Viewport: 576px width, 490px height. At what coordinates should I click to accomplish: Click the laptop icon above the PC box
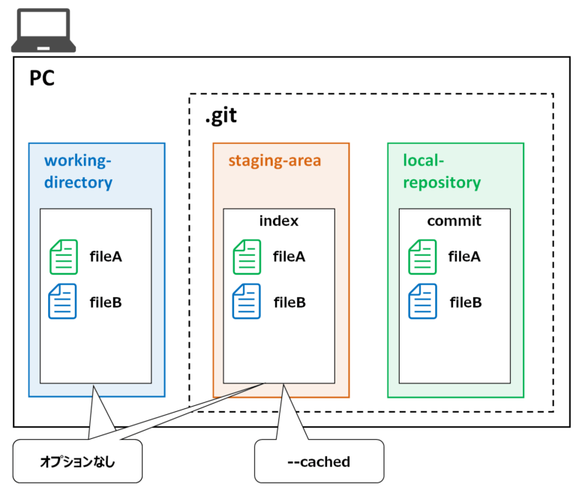click(x=44, y=30)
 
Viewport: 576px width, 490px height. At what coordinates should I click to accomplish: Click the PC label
click(x=42, y=79)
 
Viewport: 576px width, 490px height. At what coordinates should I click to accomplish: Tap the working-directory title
click(x=78, y=171)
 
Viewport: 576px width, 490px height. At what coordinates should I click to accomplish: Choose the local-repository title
click(x=442, y=171)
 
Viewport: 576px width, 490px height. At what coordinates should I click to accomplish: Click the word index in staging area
click(x=278, y=221)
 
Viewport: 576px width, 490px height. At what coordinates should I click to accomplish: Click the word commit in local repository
click(x=454, y=221)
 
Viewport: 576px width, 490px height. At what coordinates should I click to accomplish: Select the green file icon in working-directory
click(x=63, y=257)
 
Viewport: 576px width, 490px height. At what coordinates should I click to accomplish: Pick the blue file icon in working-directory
click(x=63, y=302)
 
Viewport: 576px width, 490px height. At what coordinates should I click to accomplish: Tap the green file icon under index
click(x=247, y=257)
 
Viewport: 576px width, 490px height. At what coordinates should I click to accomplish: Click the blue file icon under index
click(x=247, y=302)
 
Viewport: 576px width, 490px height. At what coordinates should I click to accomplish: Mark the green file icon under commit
click(x=422, y=257)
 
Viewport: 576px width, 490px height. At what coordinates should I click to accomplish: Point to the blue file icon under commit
click(x=422, y=302)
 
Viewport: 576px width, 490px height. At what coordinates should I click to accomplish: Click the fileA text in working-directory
click(x=106, y=257)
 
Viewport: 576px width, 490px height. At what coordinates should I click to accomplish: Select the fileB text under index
click(x=289, y=302)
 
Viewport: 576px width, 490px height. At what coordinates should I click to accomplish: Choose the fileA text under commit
click(x=465, y=257)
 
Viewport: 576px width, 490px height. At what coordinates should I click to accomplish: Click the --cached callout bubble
click(x=319, y=461)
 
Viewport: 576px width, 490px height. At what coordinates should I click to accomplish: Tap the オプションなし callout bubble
click(x=78, y=461)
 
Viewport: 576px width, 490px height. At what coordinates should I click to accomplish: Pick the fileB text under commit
click(x=465, y=302)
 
